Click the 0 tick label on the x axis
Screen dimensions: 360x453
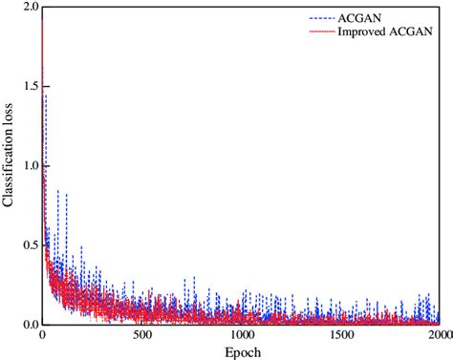42,336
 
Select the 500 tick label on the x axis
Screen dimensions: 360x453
141,336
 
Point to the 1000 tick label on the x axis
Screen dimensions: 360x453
241,336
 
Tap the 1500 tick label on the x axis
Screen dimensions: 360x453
340,336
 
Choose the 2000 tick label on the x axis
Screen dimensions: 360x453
438,336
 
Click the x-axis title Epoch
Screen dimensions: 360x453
240,351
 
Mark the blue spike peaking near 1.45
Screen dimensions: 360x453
45,95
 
